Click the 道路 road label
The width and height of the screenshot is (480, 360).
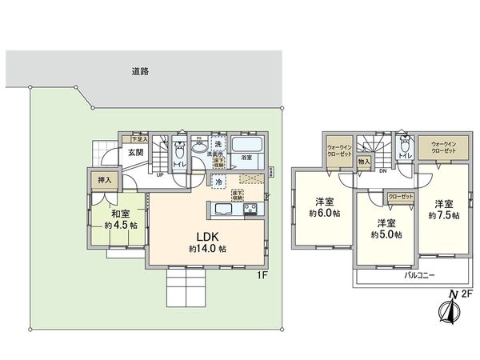pos(139,71)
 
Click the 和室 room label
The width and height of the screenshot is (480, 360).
pos(121,214)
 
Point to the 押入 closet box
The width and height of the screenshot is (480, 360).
pos(104,181)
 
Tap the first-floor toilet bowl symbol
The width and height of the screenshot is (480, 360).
pos(178,149)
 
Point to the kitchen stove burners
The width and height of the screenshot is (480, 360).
pos(250,210)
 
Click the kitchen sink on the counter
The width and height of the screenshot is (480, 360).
pos(223,210)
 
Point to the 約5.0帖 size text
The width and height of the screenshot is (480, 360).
pos(386,234)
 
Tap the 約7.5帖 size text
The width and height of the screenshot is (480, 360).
pos(443,215)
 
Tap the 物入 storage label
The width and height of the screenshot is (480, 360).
pos(364,162)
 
